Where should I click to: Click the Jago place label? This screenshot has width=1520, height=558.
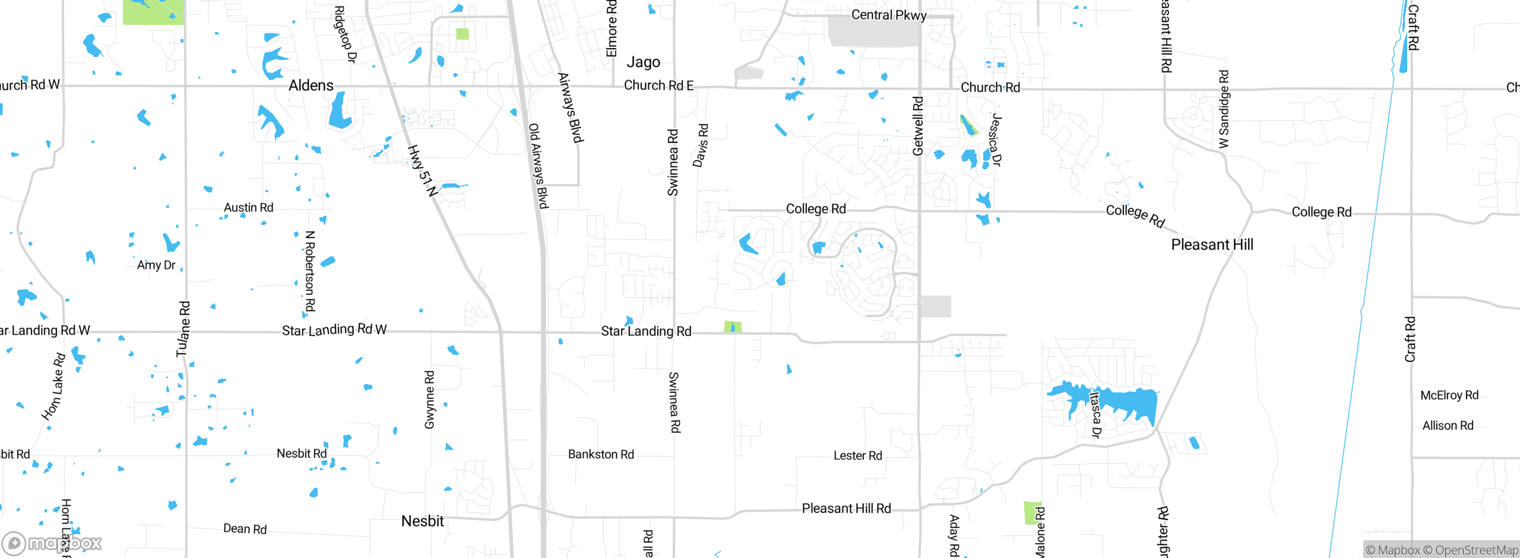click(643, 62)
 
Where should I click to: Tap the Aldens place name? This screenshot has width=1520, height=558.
click(311, 85)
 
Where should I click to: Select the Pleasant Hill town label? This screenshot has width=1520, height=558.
click(1212, 245)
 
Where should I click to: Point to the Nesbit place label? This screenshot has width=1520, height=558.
click(422, 521)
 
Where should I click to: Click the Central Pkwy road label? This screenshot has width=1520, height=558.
click(888, 15)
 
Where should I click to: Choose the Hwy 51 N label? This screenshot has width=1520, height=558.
click(423, 170)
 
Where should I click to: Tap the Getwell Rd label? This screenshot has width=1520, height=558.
click(918, 126)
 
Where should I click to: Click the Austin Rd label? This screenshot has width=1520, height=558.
click(248, 208)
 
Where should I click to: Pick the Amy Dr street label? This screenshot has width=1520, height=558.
click(156, 265)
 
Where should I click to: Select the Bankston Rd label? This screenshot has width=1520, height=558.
click(601, 455)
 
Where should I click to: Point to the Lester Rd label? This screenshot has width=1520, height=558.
click(857, 456)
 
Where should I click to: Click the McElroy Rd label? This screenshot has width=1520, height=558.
click(1449, 395)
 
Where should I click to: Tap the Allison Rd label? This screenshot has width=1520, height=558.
click(1448, 426)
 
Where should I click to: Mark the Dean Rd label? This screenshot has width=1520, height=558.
click(245, 529)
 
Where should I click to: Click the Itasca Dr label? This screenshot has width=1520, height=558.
click(1095, 414)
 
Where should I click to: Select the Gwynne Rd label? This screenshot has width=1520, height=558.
click(429, 400)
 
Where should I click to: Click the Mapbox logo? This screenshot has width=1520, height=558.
click(52, 543)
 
